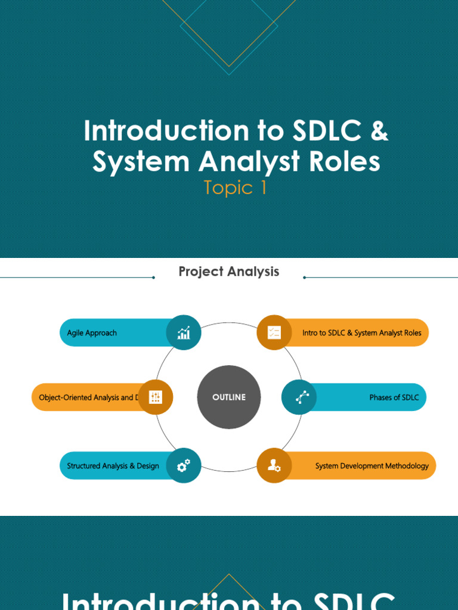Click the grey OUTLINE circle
pos(229,397)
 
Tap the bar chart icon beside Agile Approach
pos(184,332)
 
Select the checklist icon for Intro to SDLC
pos(274,332)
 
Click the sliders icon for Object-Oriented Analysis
pos(156,397)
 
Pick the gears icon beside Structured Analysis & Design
pos(184,465)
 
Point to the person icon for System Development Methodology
pos(274,466)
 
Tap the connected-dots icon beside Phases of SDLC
pos(299,397)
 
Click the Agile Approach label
pos(92,333)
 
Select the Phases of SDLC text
pos(394,397)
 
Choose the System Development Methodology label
pos(372,466)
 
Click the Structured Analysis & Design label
pos(113,466)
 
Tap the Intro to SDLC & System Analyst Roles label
pos(361,333)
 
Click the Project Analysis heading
pos(229,272)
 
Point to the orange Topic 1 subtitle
pos(235,188)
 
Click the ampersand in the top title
pos(379,131)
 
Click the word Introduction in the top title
pos(155,131)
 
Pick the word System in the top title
pos(141,162)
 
